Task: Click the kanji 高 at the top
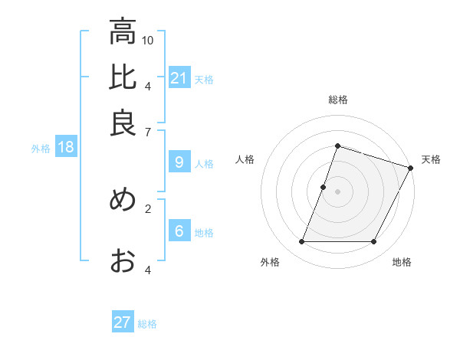(123, 32)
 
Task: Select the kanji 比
(123, 77)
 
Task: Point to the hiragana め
(123, 200)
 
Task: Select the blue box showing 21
(179, 77)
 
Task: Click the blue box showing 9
(179, 162)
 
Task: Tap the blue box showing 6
(179, 231)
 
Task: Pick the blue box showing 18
(66, 147)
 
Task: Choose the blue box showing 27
(123, 322)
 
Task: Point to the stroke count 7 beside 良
(148, 132)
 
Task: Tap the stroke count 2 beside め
(148, 208)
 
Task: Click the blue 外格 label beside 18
(41, 149)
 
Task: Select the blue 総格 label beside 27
(147, 324)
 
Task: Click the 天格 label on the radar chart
(431, 159)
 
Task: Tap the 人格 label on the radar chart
(245, 159)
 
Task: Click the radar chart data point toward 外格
(301, 242)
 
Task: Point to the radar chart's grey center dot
(337, 191)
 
